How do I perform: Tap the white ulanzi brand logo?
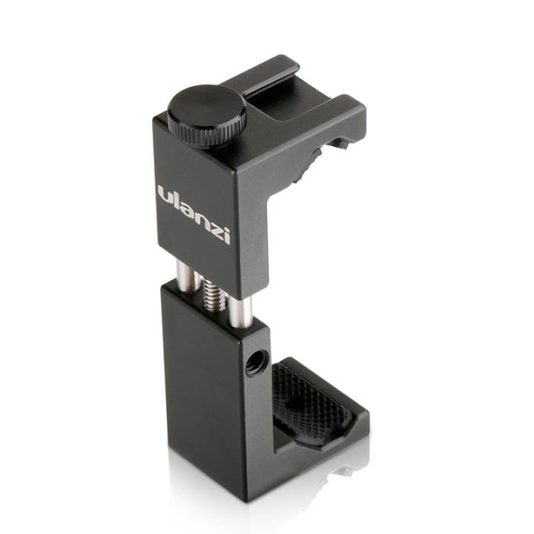[194, 211]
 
